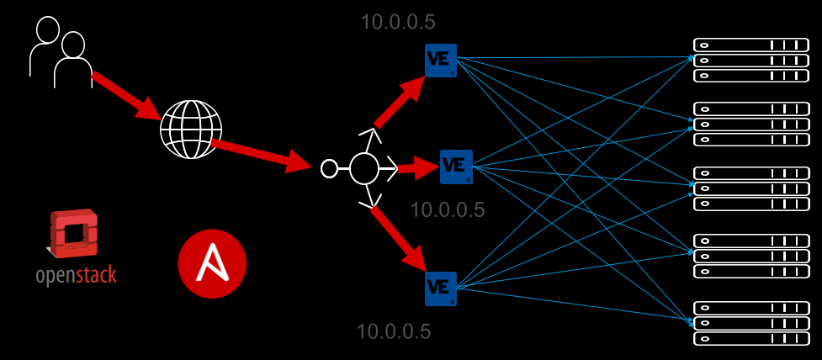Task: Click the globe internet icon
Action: pyautogui.click(x=191, y=129)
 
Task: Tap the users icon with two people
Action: pyautogui.click(x=61, y=52)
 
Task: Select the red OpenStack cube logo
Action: pyautogui.click(x=74, y=234)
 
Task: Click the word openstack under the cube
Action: pyautogui.click(x=76, y=275)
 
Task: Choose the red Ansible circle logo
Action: pyautogui.click(x=212, y=264)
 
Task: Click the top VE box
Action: pyautogui.click(x=441, y=61)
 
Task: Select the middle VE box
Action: pyautogui.click(x=456, y=166)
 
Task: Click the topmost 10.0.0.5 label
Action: pyautogui.click(x=398, y=23)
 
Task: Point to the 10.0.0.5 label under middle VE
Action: pyautogui.click(x=448, y=210)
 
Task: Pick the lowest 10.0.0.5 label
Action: pyautogui.click(x=394, y=331)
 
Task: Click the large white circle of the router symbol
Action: pyautogui.click(x=364, y=168)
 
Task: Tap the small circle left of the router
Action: pyautogui.click(x=329, y=169)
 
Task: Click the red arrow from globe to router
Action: pyautogui.click(x=261, y=155)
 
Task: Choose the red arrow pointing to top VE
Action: pyautogui.click(x=399, y=103)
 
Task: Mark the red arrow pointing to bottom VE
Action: pyautogui.click(x=398, y=236)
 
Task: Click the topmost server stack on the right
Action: pyautogui.click(x=750, y=60)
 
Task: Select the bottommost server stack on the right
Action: pyautogui.click(x=750, y=323)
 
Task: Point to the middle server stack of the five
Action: pyautogui.click(x=750, y=188)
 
